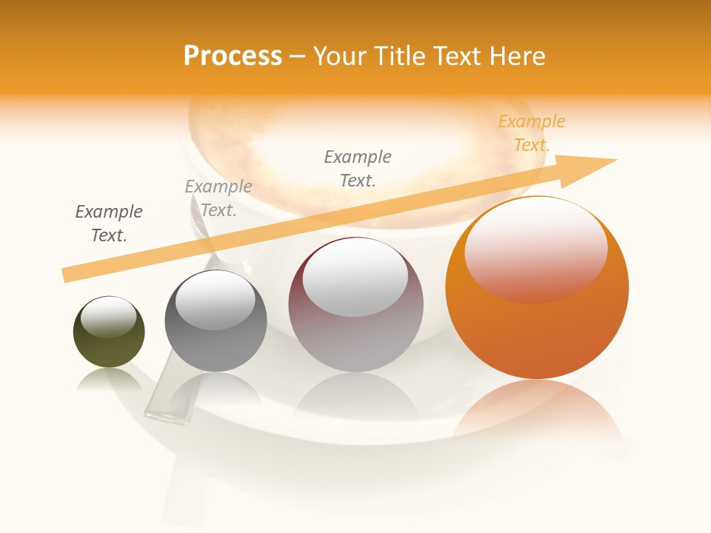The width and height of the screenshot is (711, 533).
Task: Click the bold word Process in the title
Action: pos(233,56)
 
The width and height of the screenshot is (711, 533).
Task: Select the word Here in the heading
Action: pos(515,56)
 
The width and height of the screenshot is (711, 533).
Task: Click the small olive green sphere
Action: pos(109,332)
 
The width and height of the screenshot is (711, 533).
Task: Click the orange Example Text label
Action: pos(532,133)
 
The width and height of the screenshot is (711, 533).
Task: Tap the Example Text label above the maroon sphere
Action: pos(358,169)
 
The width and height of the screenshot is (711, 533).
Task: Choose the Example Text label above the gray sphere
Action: pos(218,198)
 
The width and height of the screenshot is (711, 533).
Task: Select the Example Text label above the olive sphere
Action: pos(109,224)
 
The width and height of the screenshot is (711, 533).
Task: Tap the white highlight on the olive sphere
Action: pos(108,317)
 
